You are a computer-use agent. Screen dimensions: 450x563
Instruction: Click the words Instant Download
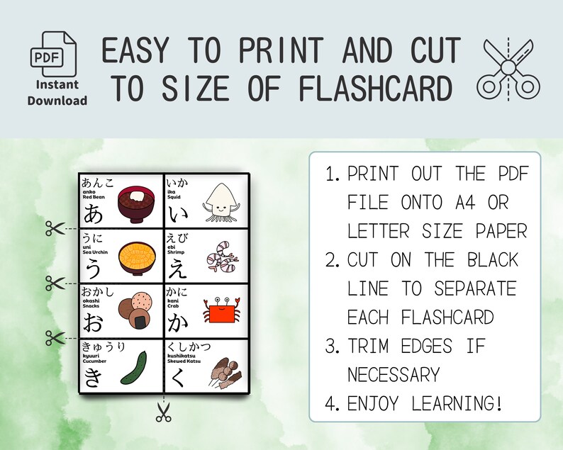click(57, 94)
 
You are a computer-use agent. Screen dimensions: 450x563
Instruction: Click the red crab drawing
click(220, 312)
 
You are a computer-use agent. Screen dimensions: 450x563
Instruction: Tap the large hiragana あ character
click(94, 213)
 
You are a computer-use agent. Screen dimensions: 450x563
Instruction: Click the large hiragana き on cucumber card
click(93, 376)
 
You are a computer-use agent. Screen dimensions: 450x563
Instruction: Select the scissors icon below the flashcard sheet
click(164, 412)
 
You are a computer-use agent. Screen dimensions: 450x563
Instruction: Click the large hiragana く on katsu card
click(177, 376)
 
